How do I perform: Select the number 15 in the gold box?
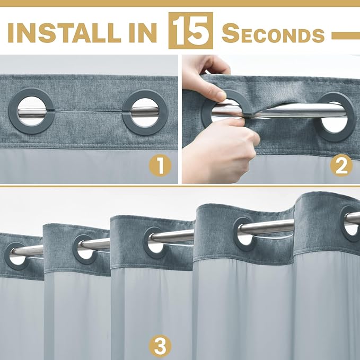coord(190,31)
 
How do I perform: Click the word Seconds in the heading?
coord(273,33)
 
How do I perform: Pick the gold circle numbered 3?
coord(160,346)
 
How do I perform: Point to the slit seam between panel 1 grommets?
coord(89,111)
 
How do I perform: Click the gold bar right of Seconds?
coord(346,36)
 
